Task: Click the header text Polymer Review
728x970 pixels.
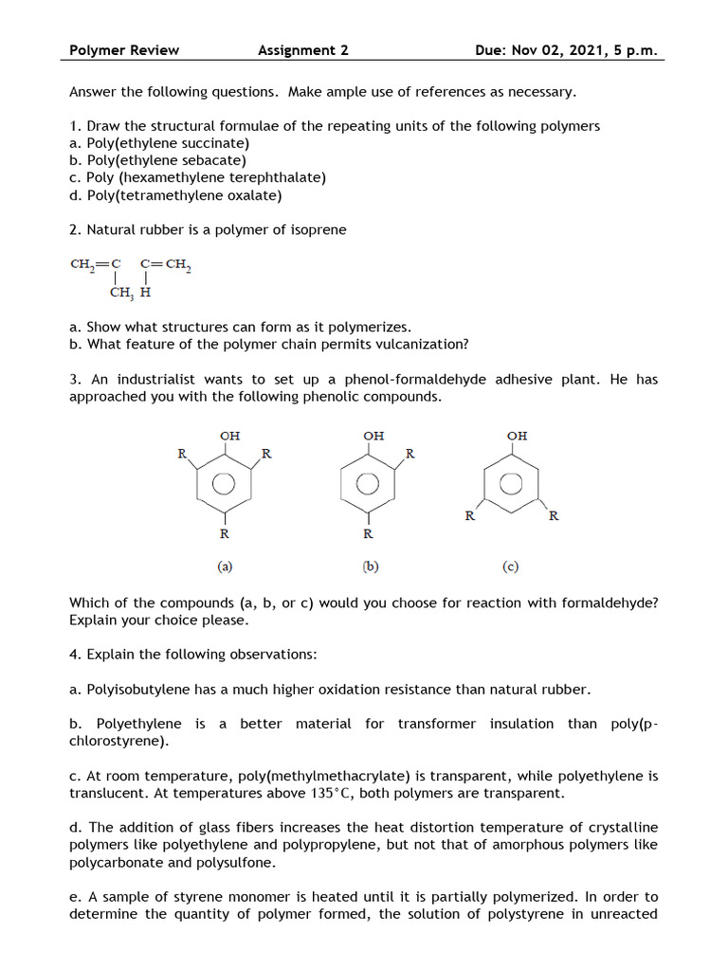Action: (124, 50)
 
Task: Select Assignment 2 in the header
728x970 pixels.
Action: (302, 50)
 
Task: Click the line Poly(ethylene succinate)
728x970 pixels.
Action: (159, 143)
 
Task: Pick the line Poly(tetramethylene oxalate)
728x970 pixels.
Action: (175, 196)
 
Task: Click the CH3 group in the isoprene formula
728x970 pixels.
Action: (121, 293)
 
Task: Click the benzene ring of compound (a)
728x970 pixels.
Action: (224, 484)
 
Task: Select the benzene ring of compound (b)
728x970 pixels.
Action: (368, 484)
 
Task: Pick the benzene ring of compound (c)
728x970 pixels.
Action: (511, 483)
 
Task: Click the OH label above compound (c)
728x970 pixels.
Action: (517, 436)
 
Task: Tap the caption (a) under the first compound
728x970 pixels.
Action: (224, 567)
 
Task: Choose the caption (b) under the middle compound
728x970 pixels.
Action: (370, 567)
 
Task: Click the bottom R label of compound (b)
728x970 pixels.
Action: (368, 533)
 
